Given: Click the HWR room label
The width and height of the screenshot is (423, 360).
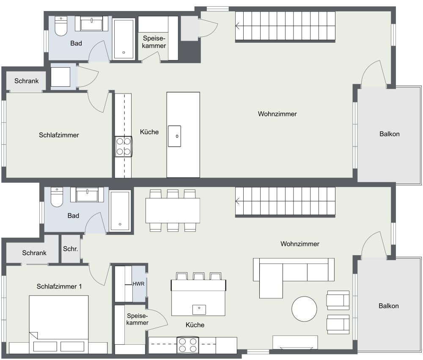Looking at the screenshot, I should (x=139, y=284).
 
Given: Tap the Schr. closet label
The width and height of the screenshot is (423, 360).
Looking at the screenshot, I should (x=70, y=249).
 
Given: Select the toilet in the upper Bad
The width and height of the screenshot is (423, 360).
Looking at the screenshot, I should (x=62, y=26).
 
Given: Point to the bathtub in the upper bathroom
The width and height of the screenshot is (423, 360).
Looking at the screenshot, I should (x=124, y=39).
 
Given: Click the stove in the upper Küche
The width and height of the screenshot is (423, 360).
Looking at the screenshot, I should (x=123, y=146).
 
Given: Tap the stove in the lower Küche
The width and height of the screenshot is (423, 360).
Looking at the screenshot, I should (x=188, y=345).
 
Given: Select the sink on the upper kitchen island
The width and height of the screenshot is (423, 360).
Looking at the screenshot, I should (x=174, y=136).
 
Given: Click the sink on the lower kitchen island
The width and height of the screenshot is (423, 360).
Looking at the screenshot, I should (x=199, y=309).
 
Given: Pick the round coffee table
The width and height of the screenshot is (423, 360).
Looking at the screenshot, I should (x=304, y=308).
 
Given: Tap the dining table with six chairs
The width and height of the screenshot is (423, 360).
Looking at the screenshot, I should (x=173, y=210).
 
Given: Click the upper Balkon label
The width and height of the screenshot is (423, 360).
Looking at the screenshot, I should (x=389, y=134).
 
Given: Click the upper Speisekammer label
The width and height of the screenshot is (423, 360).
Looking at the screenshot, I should (x=154, y=41).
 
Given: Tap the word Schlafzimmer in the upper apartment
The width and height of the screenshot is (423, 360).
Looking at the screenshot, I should (x=59, y=135).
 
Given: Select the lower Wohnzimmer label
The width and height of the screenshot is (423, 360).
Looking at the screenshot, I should (x=299, y=244).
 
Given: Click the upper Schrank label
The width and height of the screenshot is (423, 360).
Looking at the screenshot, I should (x=26, y=81).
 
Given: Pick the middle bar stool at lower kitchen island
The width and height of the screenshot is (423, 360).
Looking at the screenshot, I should (x=199, y=277).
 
